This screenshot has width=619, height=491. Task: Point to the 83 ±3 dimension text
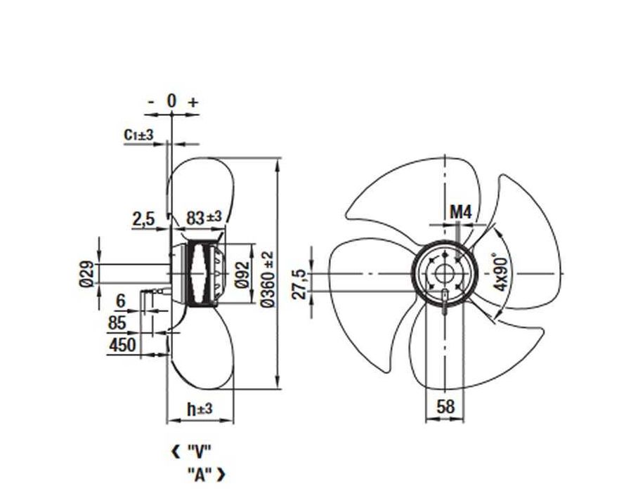point(203,218)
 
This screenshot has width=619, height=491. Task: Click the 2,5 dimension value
point(143,220)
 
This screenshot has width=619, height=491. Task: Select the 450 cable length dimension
point(123,345)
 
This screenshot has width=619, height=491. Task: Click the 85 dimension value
point(117,323)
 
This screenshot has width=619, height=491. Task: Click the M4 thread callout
point(460,211)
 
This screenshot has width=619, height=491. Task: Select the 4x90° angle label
point(500,272)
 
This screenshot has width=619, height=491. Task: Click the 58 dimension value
point(445,406)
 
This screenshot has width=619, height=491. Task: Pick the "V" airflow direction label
point(199,451)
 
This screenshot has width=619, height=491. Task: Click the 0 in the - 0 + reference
point(171,101)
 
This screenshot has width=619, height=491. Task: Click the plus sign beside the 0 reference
point(193,102)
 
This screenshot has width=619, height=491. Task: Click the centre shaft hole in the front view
point(445,272)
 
